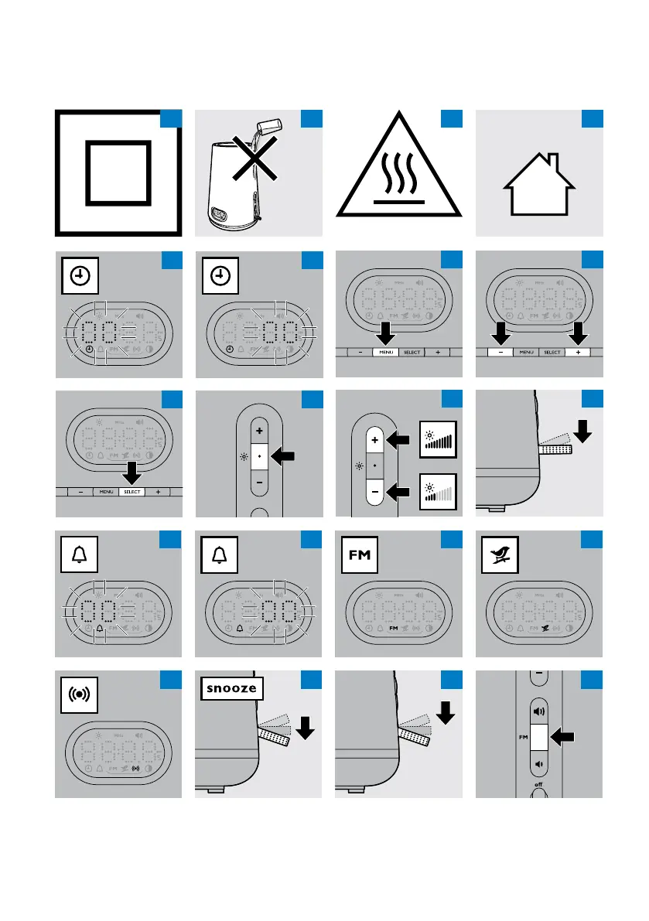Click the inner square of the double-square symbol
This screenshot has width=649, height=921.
pos(118,172)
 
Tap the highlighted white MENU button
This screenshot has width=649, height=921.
pos(385,352)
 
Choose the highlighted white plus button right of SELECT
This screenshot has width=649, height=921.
pos(578,352)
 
